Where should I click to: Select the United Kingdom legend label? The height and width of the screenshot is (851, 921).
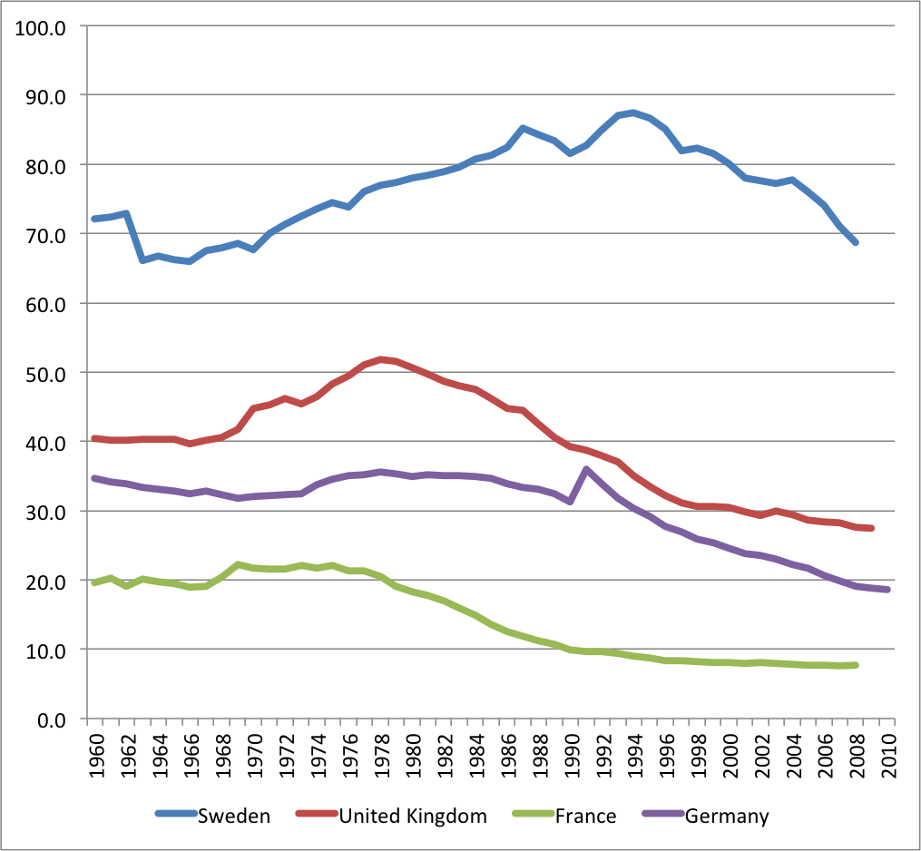coord(413,816)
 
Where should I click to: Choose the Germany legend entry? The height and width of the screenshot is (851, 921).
coord(726,816)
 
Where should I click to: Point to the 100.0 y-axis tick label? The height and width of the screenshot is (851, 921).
coord(43,26)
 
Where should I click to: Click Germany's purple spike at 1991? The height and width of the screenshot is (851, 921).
coord(586,469)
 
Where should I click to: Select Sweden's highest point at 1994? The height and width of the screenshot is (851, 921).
coord(633,112)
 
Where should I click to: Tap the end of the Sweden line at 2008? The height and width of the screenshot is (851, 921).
coord(855,243)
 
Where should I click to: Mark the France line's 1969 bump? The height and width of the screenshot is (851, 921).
coord(238,565)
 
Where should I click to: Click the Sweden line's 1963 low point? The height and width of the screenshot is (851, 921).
coord(142,260)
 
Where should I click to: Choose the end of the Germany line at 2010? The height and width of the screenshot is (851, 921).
coord(887,590)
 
